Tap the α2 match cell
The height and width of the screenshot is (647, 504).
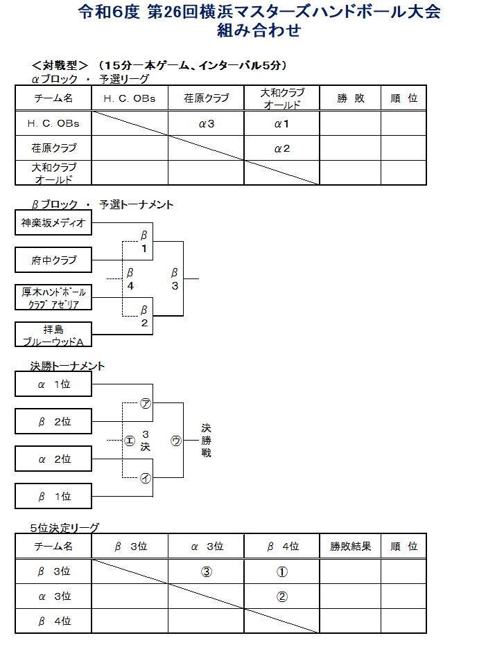point(281,148)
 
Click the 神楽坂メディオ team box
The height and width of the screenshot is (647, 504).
point(53,223)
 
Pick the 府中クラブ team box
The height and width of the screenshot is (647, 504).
point(53,260)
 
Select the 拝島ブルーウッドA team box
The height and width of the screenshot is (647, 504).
point(53,335)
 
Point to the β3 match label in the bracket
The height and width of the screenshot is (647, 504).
point(175,279)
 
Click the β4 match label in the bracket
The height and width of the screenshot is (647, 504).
point(130,279)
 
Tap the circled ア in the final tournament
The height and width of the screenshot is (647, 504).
point(146,404)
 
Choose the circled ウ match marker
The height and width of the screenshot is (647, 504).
point(175,441)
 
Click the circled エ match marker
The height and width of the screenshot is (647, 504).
point(130,441)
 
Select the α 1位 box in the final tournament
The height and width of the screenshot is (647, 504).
point(53,384)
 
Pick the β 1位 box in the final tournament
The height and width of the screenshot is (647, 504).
point(53,497)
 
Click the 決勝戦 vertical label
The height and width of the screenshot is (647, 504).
point(206,441)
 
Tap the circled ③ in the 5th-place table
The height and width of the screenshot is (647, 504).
point(206,572)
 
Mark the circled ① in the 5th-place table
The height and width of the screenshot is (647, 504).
point(281,572)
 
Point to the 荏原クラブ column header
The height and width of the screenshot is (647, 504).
point(206,98)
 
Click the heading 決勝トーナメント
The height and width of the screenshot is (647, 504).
point(67,366)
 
